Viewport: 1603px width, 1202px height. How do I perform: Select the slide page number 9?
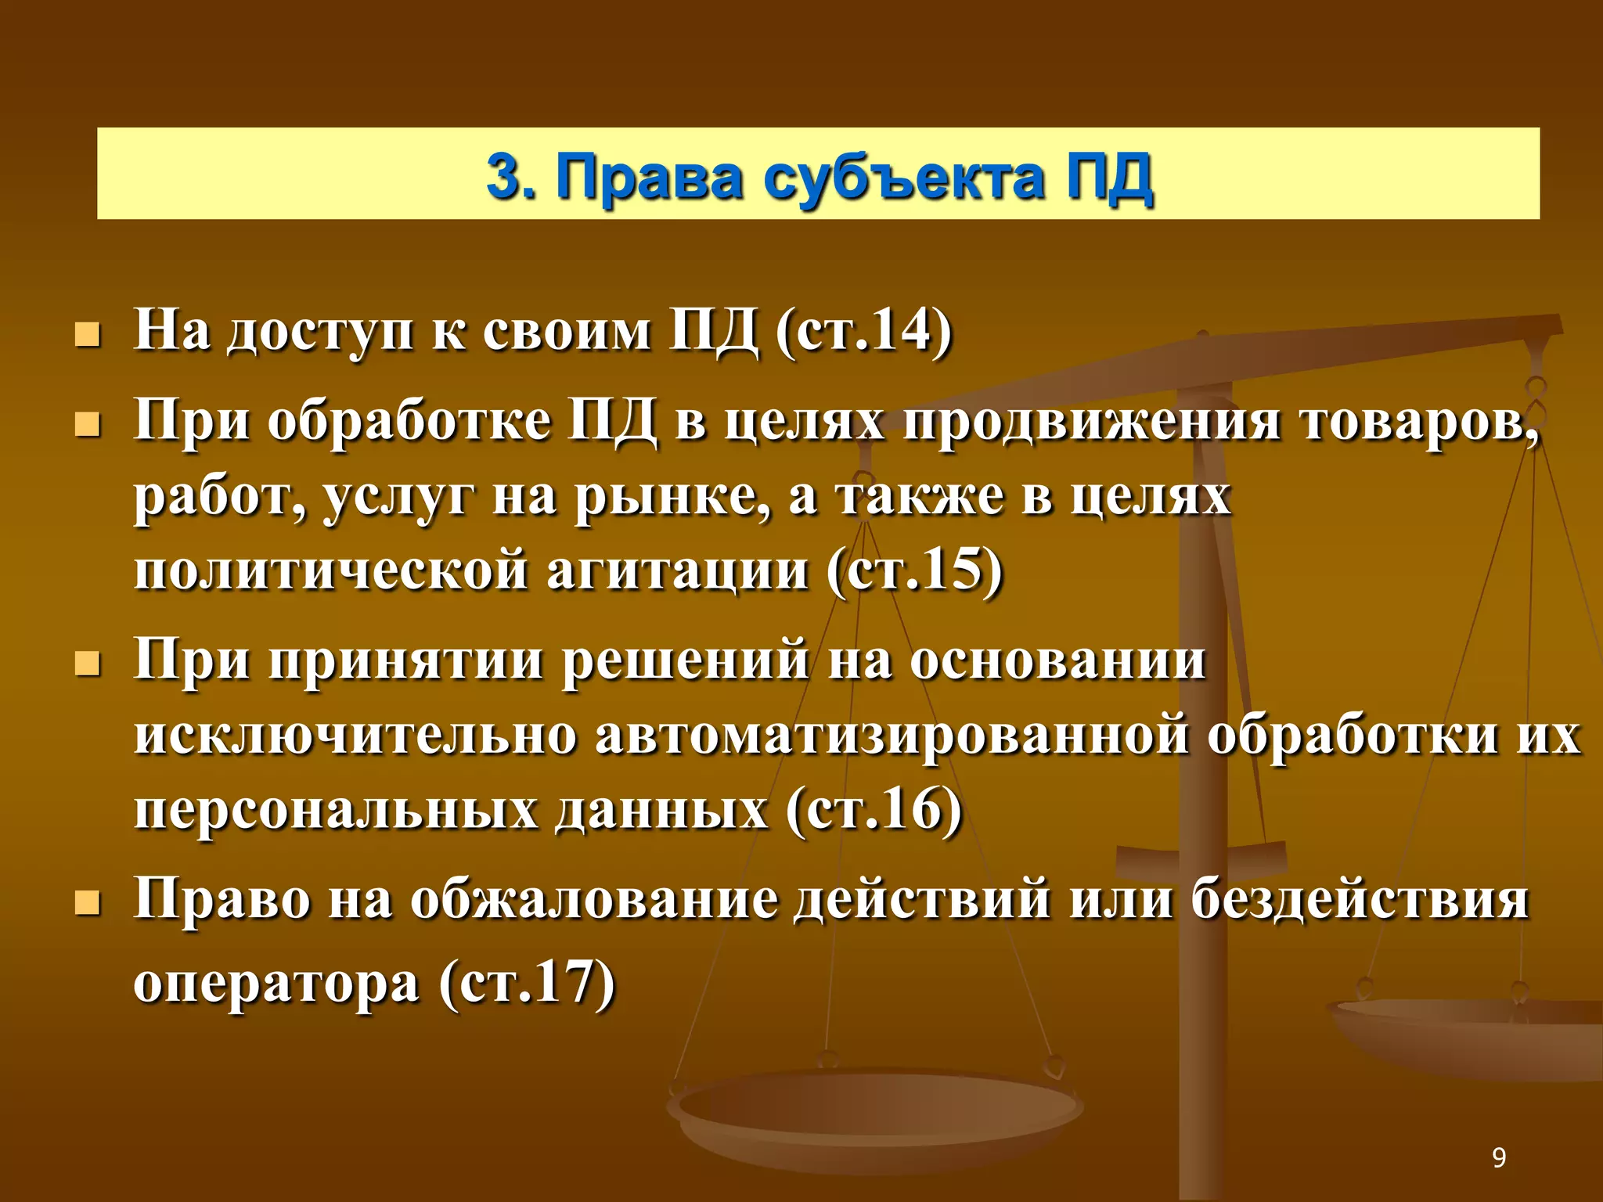[x=1499, y=1157]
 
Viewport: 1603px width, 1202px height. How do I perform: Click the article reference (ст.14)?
[x=863, y=332]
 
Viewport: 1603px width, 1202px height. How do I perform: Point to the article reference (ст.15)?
[x=914, y=570]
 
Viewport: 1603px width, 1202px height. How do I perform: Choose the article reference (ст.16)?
[x=874, y=809]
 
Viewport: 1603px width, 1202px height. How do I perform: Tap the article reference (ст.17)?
[x=527, y=983]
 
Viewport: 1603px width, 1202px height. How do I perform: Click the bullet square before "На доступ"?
[x=87, y=336]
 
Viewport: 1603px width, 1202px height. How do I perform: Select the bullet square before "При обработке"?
[x=87, y=426]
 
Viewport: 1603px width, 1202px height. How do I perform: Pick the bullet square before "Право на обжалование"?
[x=87, y=905]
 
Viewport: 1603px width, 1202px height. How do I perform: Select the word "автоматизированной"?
[x=892, y=736]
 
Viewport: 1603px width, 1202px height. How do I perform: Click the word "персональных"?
[x=335, y=811]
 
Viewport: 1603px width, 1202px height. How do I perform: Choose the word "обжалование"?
[x=594, y=900]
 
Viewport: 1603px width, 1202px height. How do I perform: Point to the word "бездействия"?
[x=1360, y=900]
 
